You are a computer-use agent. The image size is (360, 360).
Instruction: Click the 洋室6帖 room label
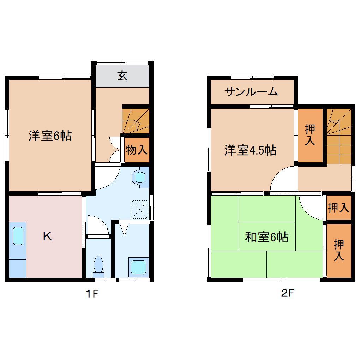tap(50, 136)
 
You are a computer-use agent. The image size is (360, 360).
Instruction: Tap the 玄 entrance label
tap(122, 76)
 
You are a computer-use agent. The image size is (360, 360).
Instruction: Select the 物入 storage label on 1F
tap(136, 150)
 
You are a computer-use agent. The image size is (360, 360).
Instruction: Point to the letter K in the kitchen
tap(47, 236)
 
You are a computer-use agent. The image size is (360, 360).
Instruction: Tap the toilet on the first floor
tap(98, 265)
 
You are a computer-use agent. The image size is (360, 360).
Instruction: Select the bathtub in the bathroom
tap(139, 266)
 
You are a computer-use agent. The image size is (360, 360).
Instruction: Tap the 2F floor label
tap(288, 293)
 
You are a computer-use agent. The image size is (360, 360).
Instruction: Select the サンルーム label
tap(251, 92)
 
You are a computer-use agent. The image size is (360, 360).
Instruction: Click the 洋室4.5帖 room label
tap(250, 150)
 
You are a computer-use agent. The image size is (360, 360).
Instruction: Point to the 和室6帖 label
tap(267, 237)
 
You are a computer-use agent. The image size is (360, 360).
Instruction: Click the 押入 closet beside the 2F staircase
tap(310, 135)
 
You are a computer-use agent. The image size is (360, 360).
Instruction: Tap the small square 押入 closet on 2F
tap(338, 208)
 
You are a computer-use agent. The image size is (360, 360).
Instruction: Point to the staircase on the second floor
tap(339, 136)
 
